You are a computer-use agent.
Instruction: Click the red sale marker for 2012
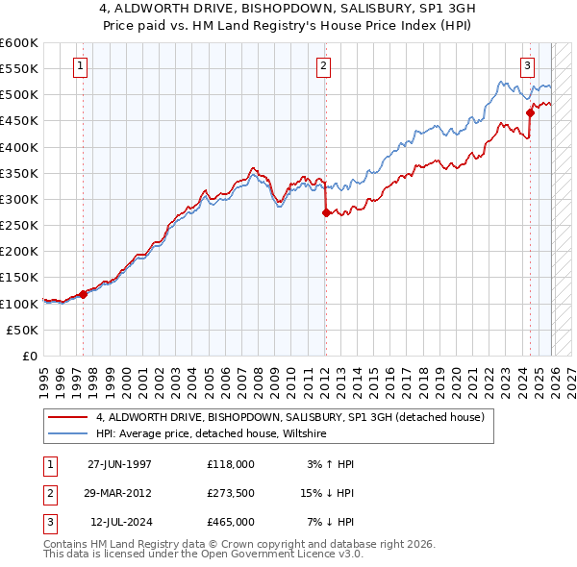[325, 213]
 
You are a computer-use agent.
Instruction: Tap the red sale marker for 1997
[83, 294]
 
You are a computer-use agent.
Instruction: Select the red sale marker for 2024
[530, 113]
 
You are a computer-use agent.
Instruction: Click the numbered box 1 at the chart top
[79, 66]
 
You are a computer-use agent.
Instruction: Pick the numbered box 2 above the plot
[323, 66]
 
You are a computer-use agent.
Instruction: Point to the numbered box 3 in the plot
[528, 66]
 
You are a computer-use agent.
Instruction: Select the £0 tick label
[29, 356]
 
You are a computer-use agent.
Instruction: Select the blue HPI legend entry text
[212, 434]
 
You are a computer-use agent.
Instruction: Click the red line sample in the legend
[68, 417]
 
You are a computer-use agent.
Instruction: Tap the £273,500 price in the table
[230, 492]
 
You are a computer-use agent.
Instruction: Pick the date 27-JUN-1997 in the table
[119, 463]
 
